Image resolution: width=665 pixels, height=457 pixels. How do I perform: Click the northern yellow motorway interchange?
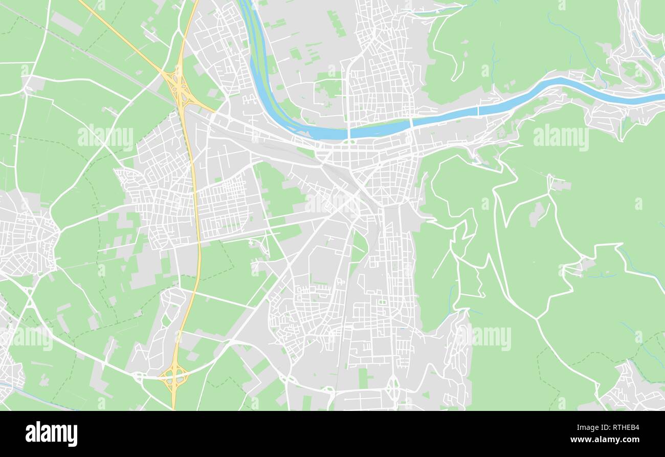pos(180,88)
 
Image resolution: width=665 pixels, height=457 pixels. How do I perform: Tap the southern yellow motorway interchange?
pos(174,377)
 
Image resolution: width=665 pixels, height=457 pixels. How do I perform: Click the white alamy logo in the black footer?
pos(51,434)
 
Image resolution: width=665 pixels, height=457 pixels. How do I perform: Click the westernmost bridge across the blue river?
pos(348,133)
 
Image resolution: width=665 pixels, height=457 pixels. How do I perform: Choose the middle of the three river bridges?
pos(411,123)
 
